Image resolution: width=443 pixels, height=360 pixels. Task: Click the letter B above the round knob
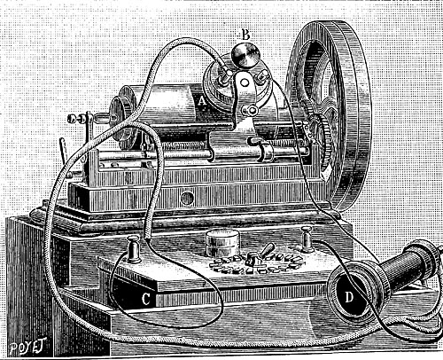point(245,35)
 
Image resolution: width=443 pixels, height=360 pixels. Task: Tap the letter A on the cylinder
point(202,101)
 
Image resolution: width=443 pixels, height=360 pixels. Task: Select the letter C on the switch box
point(145,299)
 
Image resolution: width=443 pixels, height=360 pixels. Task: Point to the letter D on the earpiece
point(349,297)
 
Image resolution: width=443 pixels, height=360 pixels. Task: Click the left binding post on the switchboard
point(134,249)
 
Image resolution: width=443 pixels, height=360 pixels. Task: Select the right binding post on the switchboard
point(307,239)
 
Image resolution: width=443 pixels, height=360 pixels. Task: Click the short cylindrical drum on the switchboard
point(223,243)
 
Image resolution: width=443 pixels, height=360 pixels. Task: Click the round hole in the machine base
point(187,198)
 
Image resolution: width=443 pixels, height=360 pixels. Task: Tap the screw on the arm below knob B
point(252,111)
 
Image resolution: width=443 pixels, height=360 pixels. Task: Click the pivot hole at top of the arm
point(244,82)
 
